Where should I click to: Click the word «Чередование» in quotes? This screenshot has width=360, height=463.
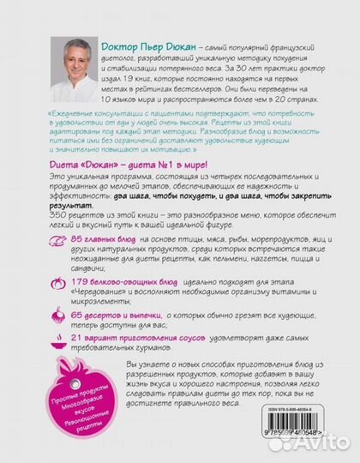[x=113, y=296]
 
